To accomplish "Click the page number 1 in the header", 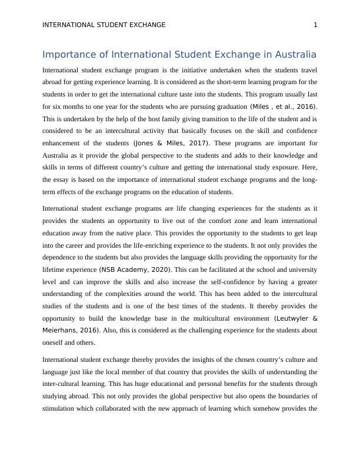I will tap(316, 25).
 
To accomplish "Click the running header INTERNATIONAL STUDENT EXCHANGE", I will tap(104, 25).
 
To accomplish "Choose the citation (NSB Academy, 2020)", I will tap(135, 269).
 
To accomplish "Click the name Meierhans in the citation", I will tap(62, 330).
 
